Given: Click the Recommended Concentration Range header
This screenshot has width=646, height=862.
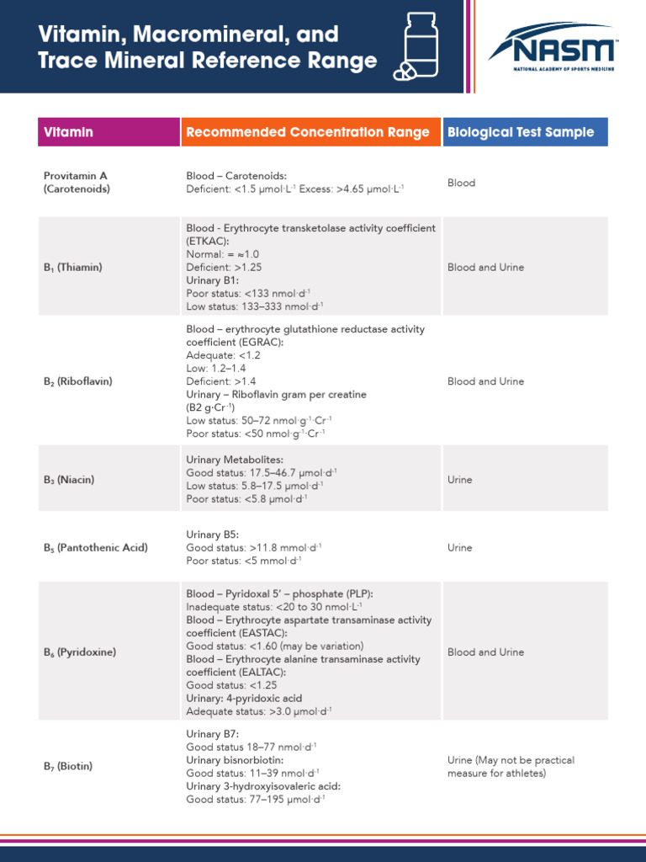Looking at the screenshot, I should coord(308,132).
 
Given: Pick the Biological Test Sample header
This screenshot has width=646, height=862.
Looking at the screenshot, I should coord(521,132).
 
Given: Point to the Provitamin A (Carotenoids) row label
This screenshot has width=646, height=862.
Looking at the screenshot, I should coord(77,183).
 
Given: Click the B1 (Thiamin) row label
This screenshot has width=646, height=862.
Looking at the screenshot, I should coord(72,268).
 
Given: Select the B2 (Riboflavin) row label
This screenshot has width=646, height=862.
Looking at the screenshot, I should coord(77,381).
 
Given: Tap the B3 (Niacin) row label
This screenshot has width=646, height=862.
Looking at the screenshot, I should coord(69,480).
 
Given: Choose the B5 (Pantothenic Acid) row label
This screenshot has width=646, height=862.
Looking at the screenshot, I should coord(96,548).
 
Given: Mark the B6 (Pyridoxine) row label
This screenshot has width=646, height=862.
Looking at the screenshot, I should coord(80,652).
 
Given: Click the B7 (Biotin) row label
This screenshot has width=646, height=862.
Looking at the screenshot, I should coord(68,767).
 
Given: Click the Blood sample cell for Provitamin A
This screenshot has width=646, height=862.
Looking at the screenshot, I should coord(461,183).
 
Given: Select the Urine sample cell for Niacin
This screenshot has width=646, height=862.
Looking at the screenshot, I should coord(460,480).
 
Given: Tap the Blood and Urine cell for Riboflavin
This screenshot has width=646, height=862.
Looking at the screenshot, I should coord(485,381).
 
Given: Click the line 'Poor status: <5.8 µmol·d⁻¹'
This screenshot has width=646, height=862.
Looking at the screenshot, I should coord(246,499).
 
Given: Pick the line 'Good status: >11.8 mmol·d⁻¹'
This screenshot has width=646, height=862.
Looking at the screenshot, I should coord(253,547).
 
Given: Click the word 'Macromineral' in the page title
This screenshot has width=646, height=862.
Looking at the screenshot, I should coord(192,35).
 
